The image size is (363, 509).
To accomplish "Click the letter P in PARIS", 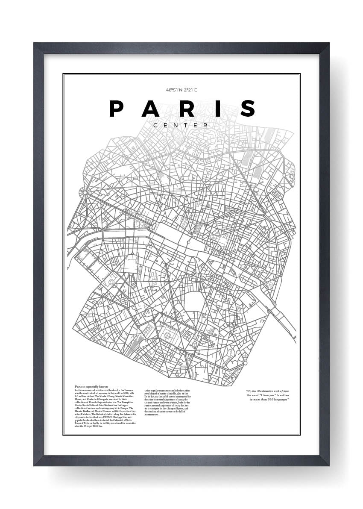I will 117,109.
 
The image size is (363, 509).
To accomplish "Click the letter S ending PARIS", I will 248,109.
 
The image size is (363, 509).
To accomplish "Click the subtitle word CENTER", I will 181,125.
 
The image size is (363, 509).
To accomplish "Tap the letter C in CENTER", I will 156,125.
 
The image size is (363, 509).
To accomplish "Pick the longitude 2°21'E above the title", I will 190,90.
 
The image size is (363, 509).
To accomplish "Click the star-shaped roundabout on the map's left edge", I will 85,193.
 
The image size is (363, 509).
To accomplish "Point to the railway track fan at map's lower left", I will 137,342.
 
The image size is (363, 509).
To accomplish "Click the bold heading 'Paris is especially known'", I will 91,386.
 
